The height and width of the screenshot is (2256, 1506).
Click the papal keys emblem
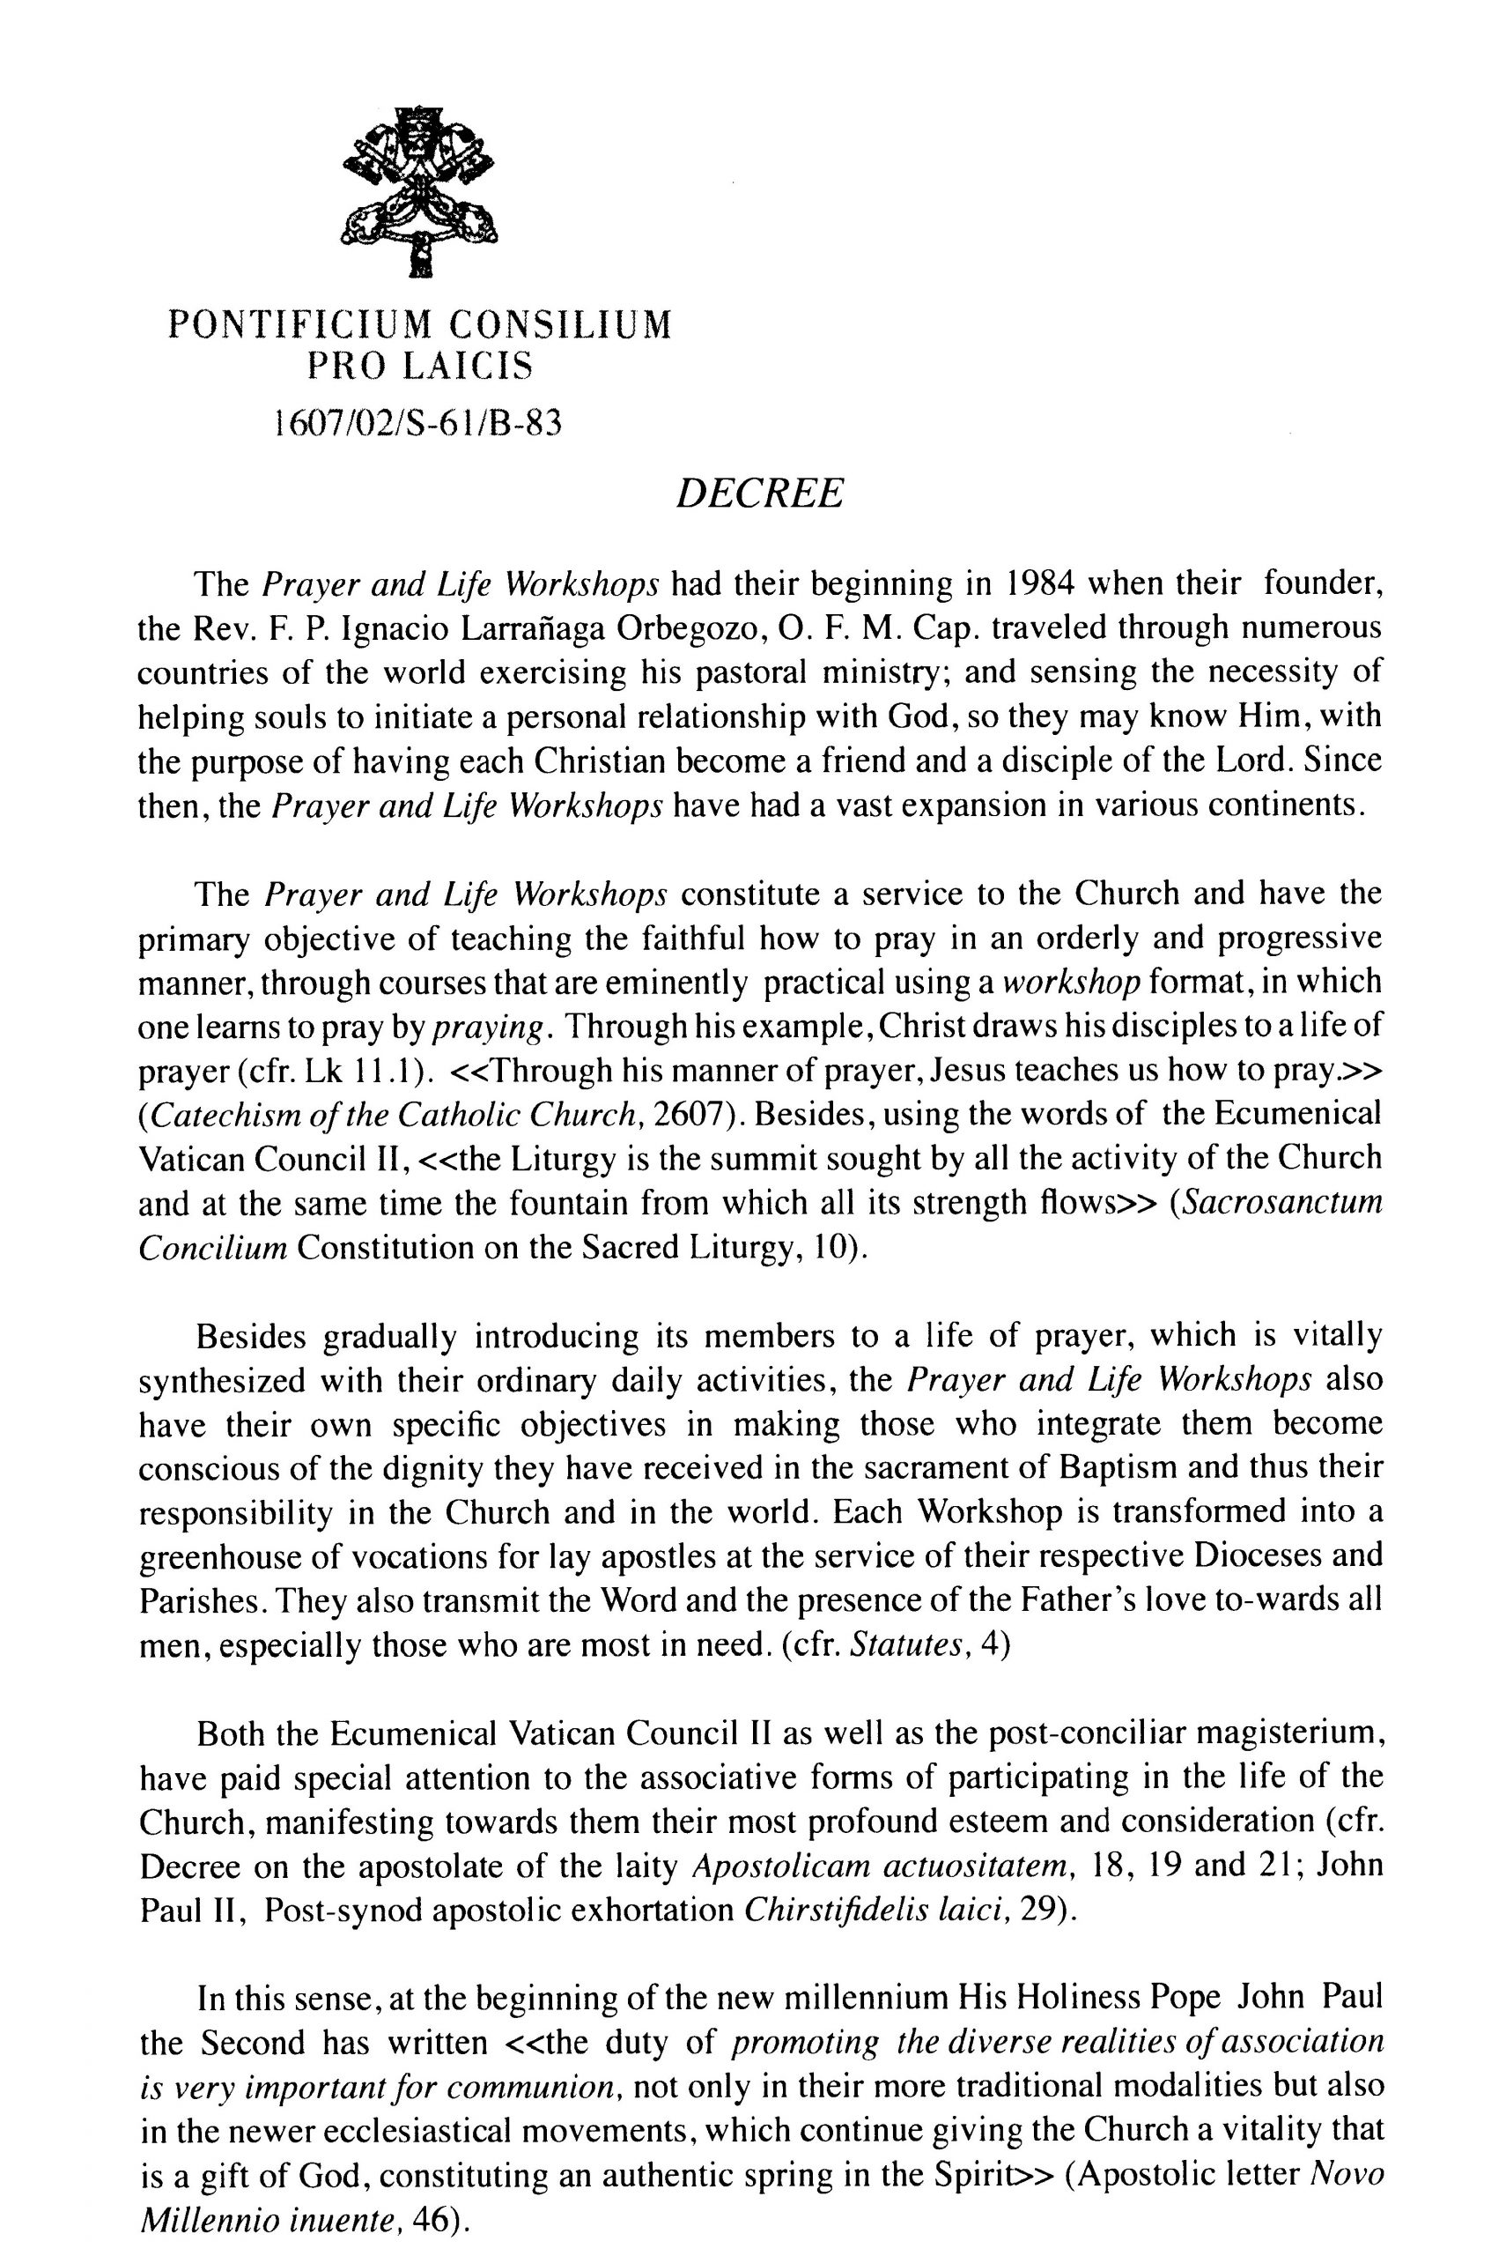point(420,193)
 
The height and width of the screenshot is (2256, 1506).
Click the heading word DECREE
point(759,493)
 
